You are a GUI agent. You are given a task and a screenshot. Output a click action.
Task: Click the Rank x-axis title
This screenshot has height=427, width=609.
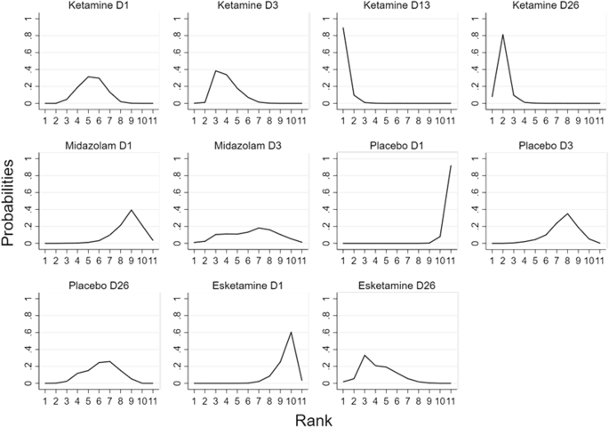[314, 416]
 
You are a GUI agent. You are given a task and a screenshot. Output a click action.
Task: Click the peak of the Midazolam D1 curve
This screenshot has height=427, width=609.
[132, 210]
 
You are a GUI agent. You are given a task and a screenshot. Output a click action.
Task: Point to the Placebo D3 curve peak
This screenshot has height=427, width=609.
[566, 213]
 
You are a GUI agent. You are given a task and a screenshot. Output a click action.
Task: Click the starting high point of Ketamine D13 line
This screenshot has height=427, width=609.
[342, 28]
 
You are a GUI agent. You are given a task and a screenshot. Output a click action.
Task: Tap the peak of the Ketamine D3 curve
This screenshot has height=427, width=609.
[215, 70]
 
